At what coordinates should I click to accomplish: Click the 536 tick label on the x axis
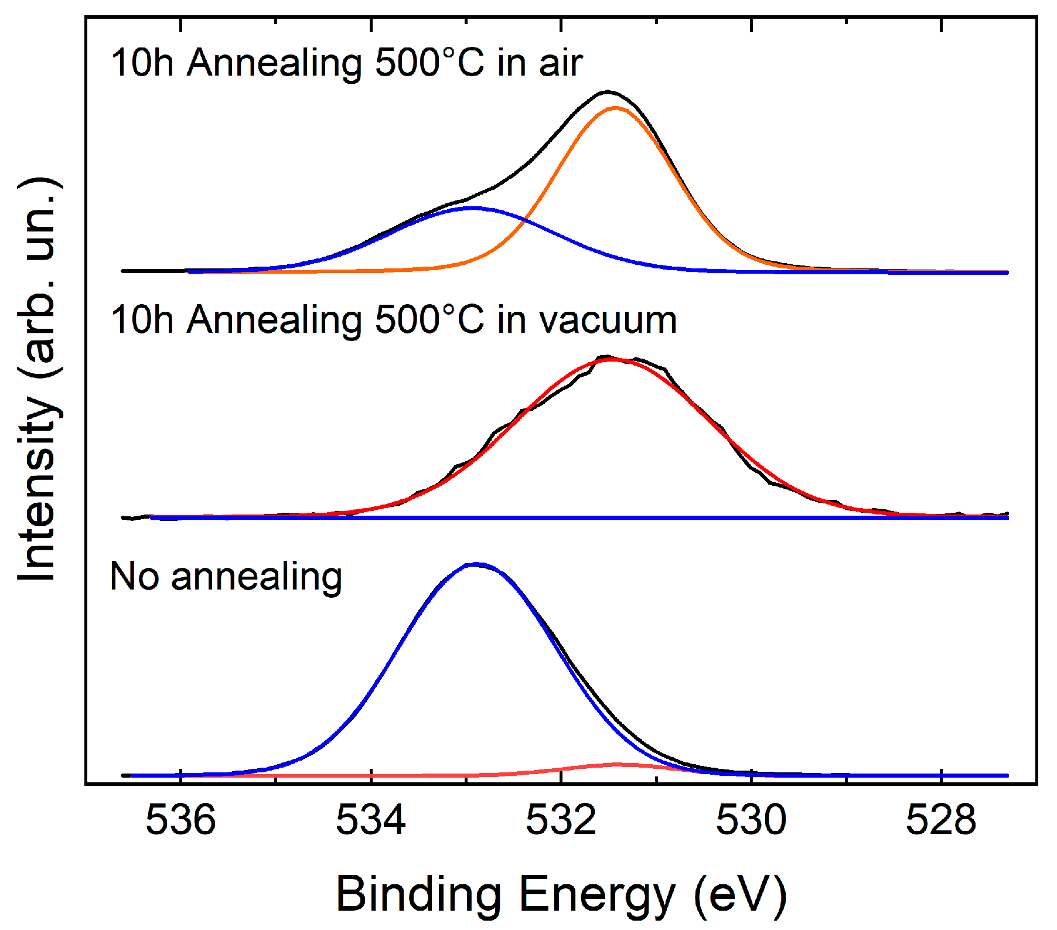(180, 820)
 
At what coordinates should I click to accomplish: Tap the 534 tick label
(370, 820)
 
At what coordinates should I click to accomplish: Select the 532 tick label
(561, 820)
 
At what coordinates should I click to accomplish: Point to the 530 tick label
(751, 820)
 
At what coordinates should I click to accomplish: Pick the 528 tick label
(940, 820)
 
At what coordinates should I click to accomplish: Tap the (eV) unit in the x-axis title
(740, 895)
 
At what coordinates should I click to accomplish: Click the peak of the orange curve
(615, 108)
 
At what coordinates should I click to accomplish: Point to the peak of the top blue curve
(472, 207)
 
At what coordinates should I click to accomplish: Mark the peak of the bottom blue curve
(476, 564)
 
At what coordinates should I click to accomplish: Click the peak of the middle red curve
(612, 359)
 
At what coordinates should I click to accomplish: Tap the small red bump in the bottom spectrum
(618, 764)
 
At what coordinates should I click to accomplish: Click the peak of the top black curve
(608, 91)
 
